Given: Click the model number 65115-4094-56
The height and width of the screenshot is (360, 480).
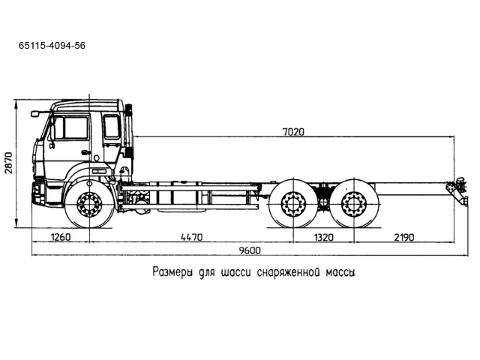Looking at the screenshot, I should pyautogui.click(x=52, y=46).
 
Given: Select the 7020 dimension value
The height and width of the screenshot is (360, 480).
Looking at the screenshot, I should pyautogui.click(x=293, y=132).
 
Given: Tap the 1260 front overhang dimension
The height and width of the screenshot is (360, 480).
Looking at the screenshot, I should pyautogui.click(x=60, y=238).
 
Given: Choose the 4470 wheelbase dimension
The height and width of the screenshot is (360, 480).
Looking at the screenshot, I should pyautogui.click(x=191, y=238).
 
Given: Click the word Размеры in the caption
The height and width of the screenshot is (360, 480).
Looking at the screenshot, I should pyautogui.click(x=175, y=271).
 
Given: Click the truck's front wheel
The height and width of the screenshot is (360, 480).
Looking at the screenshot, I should pyautogui.click(x=89, y=205).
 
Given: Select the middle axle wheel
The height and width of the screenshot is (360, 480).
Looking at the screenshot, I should pyautogui.click(x=292, y=204).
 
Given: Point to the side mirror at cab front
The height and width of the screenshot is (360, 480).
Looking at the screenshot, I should pyautogui.click(x=34, y=114).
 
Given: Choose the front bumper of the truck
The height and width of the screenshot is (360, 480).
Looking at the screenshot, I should pyautogui.click(x=39, y=193).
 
